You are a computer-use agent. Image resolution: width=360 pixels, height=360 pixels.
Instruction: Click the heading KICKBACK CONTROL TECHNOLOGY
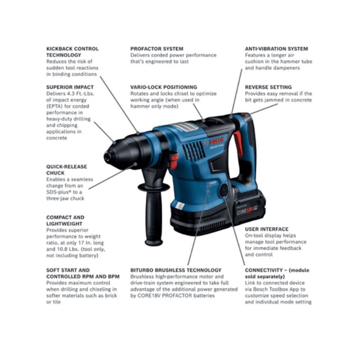click(72, 52)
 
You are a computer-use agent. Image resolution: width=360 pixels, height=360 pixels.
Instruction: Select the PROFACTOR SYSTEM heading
click(157, 49)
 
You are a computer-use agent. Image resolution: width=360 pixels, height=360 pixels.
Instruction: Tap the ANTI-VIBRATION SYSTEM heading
click(276, 49)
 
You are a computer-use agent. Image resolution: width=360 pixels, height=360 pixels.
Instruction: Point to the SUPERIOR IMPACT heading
click(70, 87)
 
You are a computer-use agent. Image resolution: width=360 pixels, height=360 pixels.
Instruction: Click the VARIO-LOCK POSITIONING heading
click(163, 87)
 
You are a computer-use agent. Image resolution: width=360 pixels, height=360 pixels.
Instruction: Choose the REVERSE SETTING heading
click(268, 87)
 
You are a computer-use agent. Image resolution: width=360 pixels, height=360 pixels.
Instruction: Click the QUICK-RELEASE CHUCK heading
click(67, 170)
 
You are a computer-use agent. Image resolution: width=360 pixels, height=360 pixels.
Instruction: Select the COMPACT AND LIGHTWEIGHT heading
click(65, 220)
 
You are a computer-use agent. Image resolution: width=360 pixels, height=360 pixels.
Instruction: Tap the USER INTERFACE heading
click(266, 229)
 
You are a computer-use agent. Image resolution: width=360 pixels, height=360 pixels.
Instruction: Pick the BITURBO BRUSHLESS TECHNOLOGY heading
click(176, 270)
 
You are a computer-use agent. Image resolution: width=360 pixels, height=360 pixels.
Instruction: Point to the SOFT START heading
click(83, 273)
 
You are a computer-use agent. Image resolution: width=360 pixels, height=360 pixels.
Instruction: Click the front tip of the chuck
click(107, 157)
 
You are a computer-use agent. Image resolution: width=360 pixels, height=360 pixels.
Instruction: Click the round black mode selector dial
click(224, 190)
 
